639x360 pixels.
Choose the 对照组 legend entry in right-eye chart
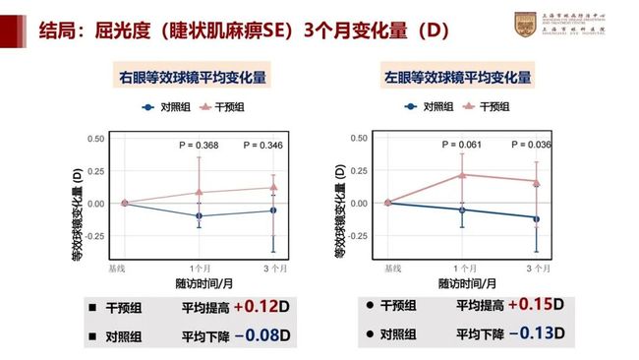click(167, 106)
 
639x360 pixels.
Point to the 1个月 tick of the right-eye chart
click(200, 268)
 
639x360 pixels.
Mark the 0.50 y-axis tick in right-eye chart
click(96, 139)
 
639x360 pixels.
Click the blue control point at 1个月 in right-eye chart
click(200, 215)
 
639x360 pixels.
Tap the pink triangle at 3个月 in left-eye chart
click(537, 181)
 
